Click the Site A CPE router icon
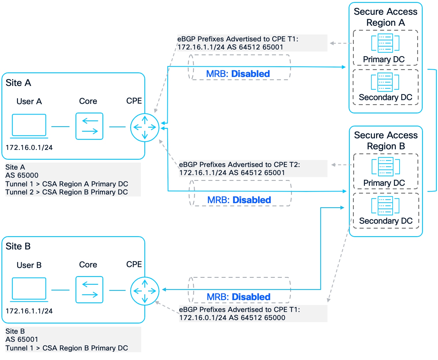(x=145, y=127)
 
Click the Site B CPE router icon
(x=145, y=291)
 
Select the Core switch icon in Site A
(x=89, y=126)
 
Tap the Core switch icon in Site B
(x=89, y=290)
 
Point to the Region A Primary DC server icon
(x=385, y=43)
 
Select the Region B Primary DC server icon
(x=385, y=166)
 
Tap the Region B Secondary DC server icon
(x=385, y=205)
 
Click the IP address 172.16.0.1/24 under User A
(x=29, y=148)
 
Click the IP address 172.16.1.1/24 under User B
(x=29, y=311)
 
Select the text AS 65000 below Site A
(x=22, y=175)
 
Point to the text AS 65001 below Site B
(x=22, y=339)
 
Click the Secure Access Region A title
(x=385, y=17)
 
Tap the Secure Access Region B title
(x=386, y=141)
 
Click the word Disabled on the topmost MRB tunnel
(x=251, y=74)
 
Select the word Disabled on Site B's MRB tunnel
(x=251, y=297)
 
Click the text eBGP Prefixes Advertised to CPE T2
(x=239, y=165)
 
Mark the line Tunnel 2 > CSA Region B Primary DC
(x=67, y=192)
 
